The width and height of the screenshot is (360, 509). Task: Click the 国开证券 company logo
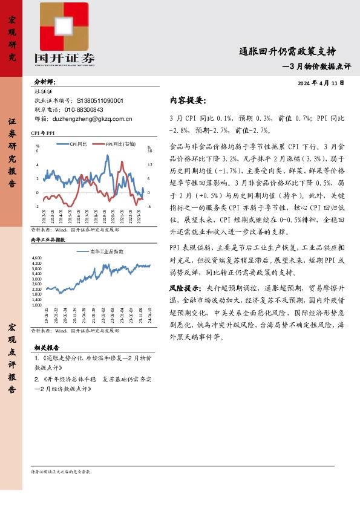click(x=64, y=34)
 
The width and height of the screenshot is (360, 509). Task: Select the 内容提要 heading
click(x=188, y=100)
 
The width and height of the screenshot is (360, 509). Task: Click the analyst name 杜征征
click(x=45, y=91)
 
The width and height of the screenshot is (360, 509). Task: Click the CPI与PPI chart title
click(x=43, y=132)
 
